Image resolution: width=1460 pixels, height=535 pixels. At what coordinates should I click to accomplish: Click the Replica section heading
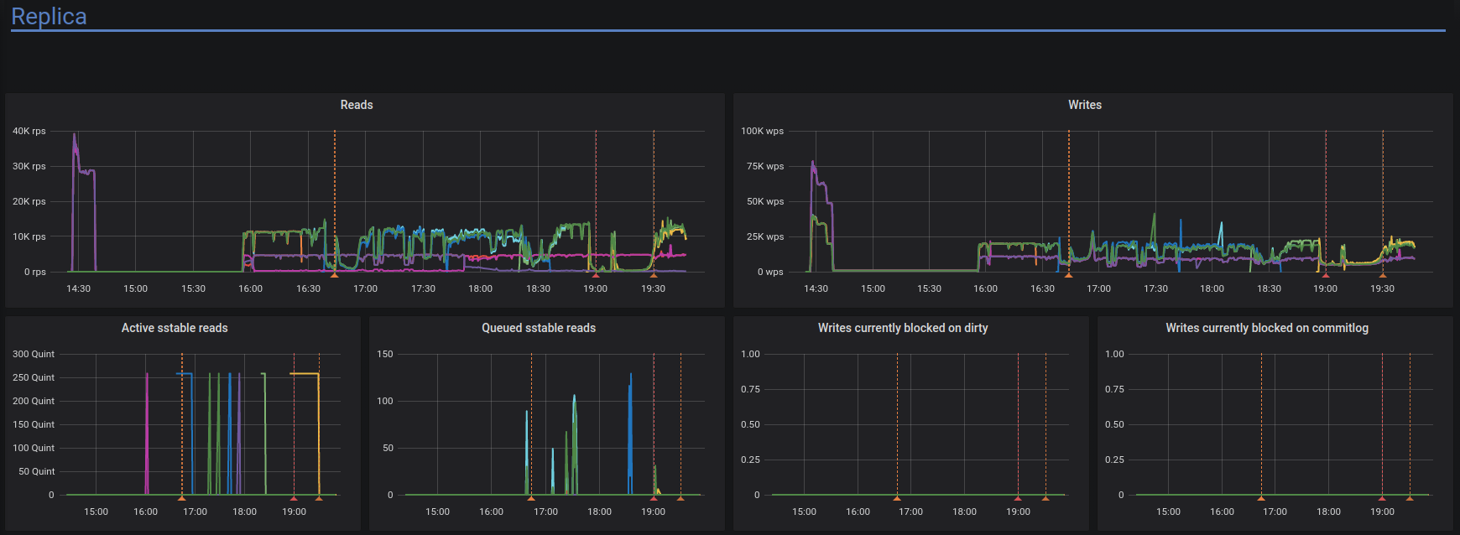click(x=49, y=17)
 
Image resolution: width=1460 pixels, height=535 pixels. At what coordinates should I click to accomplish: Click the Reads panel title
click(x=357, y=105)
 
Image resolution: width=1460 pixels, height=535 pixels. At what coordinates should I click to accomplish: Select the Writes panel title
click(x=1084, y=105)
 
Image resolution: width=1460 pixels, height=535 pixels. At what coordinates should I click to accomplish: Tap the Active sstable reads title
click(x=175, y=328)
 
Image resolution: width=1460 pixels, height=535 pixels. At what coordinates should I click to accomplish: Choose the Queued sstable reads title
click(x=539, y=328)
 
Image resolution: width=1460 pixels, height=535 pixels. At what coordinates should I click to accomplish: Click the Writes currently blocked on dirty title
click(x=903, y=328)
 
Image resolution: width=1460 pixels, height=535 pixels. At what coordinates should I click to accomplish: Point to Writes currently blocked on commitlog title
click(x=1266, y=328)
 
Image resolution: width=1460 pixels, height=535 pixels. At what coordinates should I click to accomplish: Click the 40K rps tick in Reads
click(x=29, y=131)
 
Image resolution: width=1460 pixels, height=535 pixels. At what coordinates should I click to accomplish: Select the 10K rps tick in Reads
click(x=29, y=236)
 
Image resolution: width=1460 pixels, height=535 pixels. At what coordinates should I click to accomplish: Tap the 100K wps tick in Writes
click(x=762, y=131)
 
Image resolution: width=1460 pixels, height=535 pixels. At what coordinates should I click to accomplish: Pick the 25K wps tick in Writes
click(x=764, y=236)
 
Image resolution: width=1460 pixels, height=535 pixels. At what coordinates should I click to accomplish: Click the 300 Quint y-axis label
click(x=34, y=354)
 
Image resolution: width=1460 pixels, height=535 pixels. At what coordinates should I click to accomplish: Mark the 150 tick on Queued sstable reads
click(x=385, y=354)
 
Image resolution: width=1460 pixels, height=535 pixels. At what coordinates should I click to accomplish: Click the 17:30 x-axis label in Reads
click(x=423, y=288)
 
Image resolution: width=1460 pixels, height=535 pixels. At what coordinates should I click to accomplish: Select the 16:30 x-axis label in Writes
click(x=1042, y=288)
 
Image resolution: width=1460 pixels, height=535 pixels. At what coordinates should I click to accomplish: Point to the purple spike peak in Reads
click(x=74, y=135)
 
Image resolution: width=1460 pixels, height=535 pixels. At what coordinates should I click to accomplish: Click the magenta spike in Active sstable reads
click(x=147, y=377)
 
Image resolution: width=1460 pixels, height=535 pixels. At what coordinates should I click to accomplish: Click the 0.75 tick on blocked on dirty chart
click(x=750, y=389)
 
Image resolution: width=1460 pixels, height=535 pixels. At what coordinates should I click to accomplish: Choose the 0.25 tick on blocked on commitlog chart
click(x=1114, y=460)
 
